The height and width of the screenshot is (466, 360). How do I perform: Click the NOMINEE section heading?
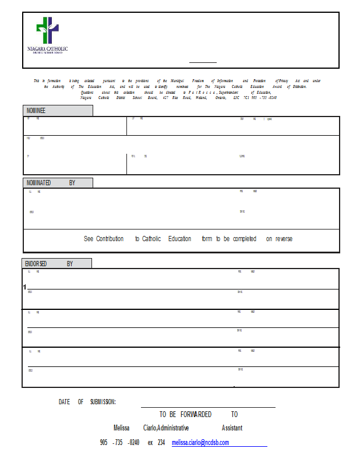pyautogui.click(x=36, y=111)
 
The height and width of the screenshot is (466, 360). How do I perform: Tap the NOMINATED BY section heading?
pyautogui.click(x=51, y=183)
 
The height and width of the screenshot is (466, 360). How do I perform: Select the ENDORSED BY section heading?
pyautogui.click(x=49, y=264)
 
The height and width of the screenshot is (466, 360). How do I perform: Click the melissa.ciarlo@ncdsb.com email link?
pyautogui.click(x=200, y=443)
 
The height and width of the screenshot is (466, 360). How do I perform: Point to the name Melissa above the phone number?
pyautogui.click(x=121, y=428)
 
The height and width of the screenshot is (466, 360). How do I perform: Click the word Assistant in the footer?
pyautogui.click(x=232, y=428)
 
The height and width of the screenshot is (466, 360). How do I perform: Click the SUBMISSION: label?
pyautogui.click(x=103, y=402)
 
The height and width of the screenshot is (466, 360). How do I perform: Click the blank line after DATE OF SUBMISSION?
pyautogui.click(x=208, y=407)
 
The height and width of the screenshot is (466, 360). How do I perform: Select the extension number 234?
pyautogui.click(x=161, y=443)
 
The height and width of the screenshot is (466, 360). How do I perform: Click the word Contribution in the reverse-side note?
pyautogui.click(x=110, y=239)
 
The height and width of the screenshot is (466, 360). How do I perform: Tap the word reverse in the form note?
pyautogui.click(x=283, y=239)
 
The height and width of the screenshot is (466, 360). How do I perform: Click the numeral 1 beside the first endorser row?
pyautogui.click(x=24, y=287)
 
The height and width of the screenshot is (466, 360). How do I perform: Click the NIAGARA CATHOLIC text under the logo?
pyautogui.click(x=48, y=49)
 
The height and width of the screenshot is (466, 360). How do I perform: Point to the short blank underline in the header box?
pyautogui.click(x=203, y=62)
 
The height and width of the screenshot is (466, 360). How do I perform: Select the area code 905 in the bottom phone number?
pyautogui.click(x=104, y=443)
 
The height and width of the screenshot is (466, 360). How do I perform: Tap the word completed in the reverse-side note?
pyautogui.click(x=245, y=239)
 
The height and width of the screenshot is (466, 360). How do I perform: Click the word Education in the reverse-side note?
pyautogui.click(x=179, y=239)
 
